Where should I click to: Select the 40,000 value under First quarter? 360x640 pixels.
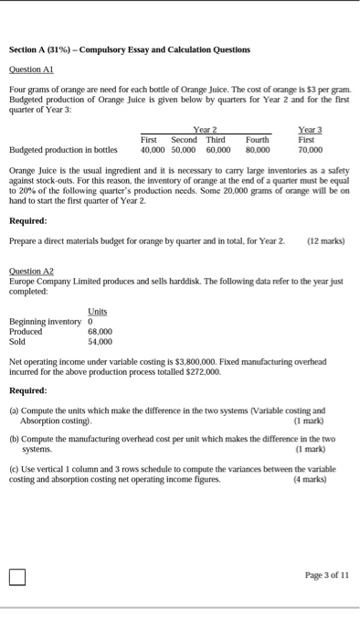pyautogui.click(x=152, y=149)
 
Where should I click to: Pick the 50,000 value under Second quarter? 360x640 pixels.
pyautogui.click(x=184, y=149)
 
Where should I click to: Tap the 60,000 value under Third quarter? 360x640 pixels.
pyautogui.click(x=217, y=149)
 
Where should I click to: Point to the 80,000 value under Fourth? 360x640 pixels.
pyautogui.click(x=258, y=149)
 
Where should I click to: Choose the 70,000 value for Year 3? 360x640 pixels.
pyautogui.click(x=312, y=149)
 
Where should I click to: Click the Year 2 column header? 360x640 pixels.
pyautogui.click(x=206, y=131)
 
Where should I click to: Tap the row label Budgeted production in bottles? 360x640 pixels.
pyautogui.click(x=63, y=149)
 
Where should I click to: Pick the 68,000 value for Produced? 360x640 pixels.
pyautogui.click(x=100, y=331)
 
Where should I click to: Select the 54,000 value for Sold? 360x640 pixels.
pyautogui.click(x=100, y=340)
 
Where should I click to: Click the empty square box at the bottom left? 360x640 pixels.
pyautogui.click(x=17, y=577)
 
